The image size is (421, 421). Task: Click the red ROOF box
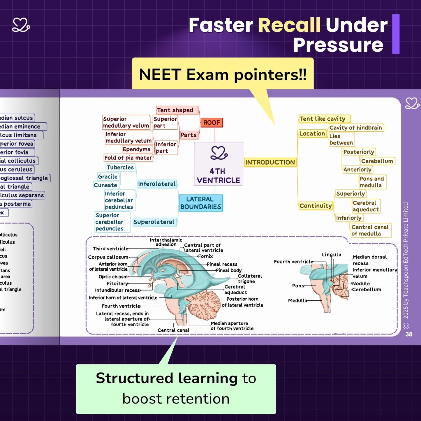click(212, 123)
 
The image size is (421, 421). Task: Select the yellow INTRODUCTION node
click(270, 162)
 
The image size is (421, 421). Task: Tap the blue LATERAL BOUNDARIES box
click(201, 203)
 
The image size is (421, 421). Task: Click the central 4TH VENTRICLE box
click(219, 164)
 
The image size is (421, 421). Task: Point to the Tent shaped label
click(175, 110)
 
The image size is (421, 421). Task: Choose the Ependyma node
click(136, 149)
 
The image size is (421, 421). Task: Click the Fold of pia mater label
click(128, 158)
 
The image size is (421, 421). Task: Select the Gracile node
click(108, 177)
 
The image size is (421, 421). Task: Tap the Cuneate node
click(105, 185)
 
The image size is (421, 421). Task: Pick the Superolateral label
click(154, 222)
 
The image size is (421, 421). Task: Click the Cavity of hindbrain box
click(355, 128)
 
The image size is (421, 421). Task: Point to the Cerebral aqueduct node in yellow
click(366, 206)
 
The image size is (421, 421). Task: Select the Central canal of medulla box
click(370, 230)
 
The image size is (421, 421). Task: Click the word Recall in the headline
click(289, 25)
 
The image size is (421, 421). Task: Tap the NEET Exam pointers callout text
click(223, 75)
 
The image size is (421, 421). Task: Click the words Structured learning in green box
click(167, 378)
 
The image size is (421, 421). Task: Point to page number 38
click(409, 334)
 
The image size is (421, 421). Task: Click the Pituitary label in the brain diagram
click(117, 283)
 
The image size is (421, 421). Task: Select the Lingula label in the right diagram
click(331, 255)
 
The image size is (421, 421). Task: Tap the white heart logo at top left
click(21, 25)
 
